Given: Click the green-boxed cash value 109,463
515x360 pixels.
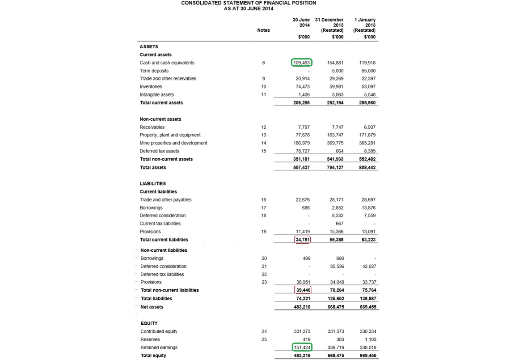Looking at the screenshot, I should tap(302, 63).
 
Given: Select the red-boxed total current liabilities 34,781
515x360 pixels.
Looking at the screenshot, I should tap(302, 240).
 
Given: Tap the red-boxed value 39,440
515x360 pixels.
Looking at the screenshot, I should tap(302, 290).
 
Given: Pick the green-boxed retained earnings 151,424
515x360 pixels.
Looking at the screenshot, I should tap(302, 347).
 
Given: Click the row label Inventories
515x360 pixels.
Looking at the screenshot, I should tap(151, 87).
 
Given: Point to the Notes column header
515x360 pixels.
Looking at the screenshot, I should tap(263, 30).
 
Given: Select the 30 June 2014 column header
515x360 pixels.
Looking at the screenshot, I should tap(301, 23).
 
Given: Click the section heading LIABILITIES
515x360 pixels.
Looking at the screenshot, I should tap(152, 184).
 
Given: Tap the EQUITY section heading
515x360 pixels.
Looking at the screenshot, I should tap(149, 323).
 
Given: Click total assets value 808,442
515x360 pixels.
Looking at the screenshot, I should tap(367, 168).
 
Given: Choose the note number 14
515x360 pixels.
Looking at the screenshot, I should tap(264, 143).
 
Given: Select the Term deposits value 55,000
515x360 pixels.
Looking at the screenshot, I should tap(368, 71).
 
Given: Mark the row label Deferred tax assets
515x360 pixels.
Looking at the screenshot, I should tap(159, 151).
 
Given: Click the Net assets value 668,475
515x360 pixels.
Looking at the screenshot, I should tap(335, 307).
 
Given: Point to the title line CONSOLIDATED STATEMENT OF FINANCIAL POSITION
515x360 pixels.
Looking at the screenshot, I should tap(248, 3).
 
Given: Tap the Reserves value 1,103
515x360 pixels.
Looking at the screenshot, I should tap(369, 340).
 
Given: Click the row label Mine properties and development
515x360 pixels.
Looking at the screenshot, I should tap(173, 143).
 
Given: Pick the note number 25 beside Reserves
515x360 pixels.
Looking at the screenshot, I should tap(264, 340).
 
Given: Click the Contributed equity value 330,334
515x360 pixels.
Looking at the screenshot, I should tap(367, 332).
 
